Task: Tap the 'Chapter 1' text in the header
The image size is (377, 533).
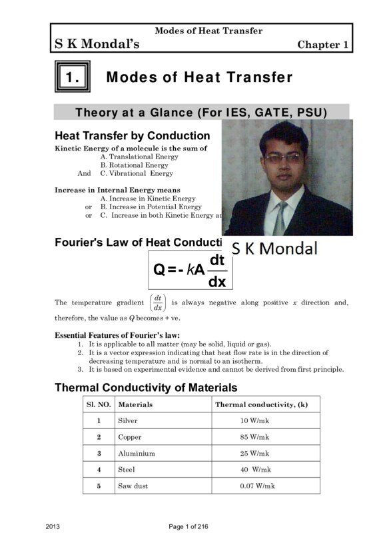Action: [323, 45]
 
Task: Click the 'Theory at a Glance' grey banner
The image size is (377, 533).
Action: [201, 113]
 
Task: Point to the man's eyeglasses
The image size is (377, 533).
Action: [282, 159]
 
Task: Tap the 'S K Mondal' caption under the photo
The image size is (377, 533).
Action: [275, 249]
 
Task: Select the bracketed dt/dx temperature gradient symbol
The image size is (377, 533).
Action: [157, 302]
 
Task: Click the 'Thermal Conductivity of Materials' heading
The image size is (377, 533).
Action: [146, 387]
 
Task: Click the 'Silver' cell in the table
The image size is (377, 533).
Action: [128, 421]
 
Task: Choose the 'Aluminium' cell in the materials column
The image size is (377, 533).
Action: [137, 453]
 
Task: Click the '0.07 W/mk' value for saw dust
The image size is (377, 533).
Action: [257, 486]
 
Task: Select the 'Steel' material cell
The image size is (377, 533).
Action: [127, 470]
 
